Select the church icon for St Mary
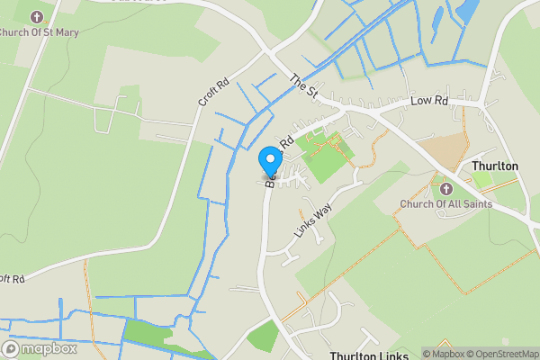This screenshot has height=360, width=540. [x=37, y=17]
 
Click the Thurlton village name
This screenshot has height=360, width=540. [x=495, y=166]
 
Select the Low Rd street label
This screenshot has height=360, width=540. [x=428, y=103]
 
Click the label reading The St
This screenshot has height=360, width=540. [x=305, y=86]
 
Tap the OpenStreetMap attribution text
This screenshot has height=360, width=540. [x=491, y=354]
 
